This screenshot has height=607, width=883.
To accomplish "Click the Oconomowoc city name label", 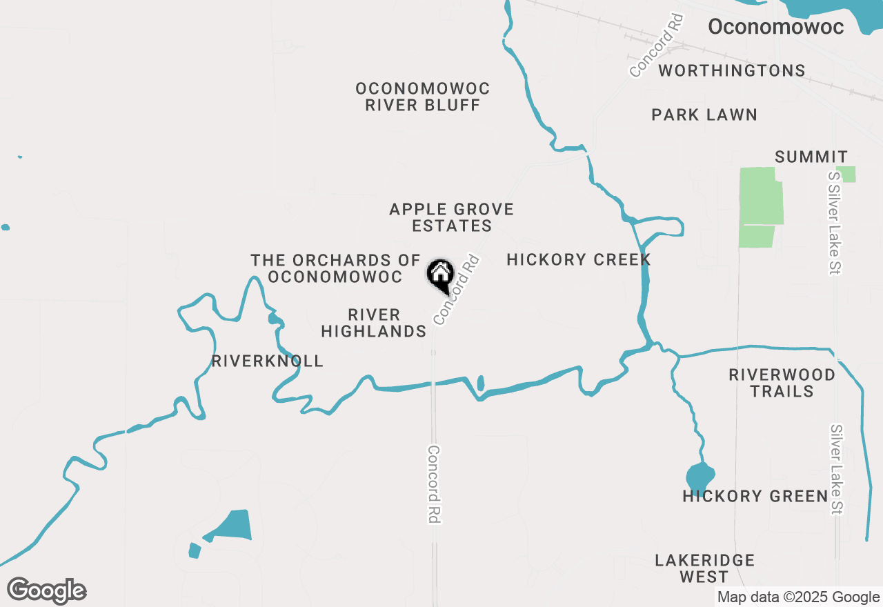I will point(776,27).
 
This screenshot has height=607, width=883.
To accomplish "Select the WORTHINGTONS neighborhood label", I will point(731,70).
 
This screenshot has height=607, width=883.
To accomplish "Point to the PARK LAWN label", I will point(704,115).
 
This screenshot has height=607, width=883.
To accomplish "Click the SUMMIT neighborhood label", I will point(811,157).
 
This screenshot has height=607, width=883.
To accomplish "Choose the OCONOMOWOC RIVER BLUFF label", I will point(423,97).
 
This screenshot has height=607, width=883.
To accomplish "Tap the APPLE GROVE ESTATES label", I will point(452,217).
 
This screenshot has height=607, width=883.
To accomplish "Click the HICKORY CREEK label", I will point(579,259).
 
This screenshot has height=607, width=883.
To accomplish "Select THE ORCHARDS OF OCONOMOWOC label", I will point(335,268).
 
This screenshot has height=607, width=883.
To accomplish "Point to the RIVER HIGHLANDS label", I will point(374,323).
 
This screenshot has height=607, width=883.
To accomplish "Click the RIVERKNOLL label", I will point(268,361).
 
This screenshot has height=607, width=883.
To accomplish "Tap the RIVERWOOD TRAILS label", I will point(782,383).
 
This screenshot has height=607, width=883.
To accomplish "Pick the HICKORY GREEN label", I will point(755,496).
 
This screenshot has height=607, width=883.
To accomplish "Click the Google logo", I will point(46,591).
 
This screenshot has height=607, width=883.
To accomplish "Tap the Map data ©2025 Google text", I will point(798,597).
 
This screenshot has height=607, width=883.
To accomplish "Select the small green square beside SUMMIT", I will point(846,175).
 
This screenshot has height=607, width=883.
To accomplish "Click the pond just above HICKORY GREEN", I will point(700,476).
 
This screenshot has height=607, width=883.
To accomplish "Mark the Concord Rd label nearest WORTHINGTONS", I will point(656,45).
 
